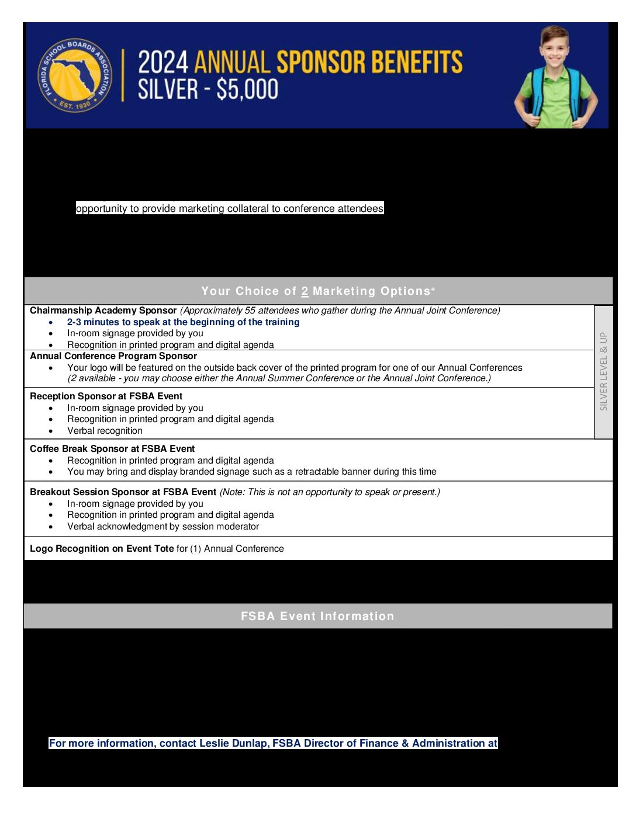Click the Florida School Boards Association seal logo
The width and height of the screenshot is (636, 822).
75,75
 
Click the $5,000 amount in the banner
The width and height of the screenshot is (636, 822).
247,90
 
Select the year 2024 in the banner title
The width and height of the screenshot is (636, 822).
163,62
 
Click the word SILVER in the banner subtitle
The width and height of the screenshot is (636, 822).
160,90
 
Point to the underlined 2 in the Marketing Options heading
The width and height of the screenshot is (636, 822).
305,291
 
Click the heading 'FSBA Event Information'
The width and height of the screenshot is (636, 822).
317,616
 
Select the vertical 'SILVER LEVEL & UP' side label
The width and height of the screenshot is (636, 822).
603,371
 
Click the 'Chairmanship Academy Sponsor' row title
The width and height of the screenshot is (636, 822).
103,311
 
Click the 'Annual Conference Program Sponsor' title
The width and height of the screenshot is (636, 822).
113,356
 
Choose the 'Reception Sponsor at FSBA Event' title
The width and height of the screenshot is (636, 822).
106,396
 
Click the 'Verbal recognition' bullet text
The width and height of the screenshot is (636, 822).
105,431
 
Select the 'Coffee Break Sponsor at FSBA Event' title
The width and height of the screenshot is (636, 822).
112,449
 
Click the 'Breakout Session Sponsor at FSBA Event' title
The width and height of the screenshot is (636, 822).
123,492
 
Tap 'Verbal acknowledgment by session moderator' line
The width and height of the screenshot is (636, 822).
163,527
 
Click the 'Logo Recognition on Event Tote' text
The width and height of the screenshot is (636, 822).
102,549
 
